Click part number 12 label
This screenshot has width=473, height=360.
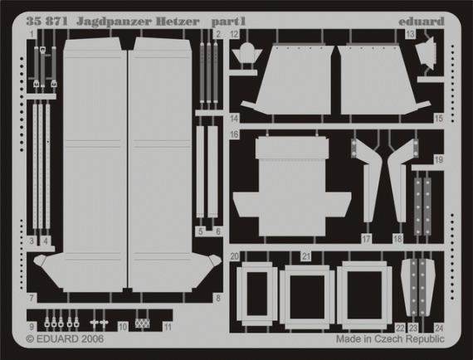pyautogui.click(x=235, y=34)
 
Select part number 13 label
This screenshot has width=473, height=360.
pyautogui.click(x=412, y=34)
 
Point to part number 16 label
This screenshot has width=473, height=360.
pyautogui.click(x=235, y=134)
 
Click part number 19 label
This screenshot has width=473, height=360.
pyautogui.click(x=439, y=159)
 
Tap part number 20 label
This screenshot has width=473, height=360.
pyautogui.click(x=235, y=255)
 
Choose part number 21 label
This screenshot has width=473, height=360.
pyautogui.click(x=306, y=255)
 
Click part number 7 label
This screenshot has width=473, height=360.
pyautogui.click(x=31, y=298)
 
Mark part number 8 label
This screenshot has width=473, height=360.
pyautogui.click(x=217, y=298)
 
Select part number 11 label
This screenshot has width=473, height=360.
pyautogui.click(x=168, y=327)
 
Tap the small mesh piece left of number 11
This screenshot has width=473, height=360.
pyautogui.click(x=143, y=322)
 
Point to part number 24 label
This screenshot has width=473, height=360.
pyautogui.click(x=439, y=327)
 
